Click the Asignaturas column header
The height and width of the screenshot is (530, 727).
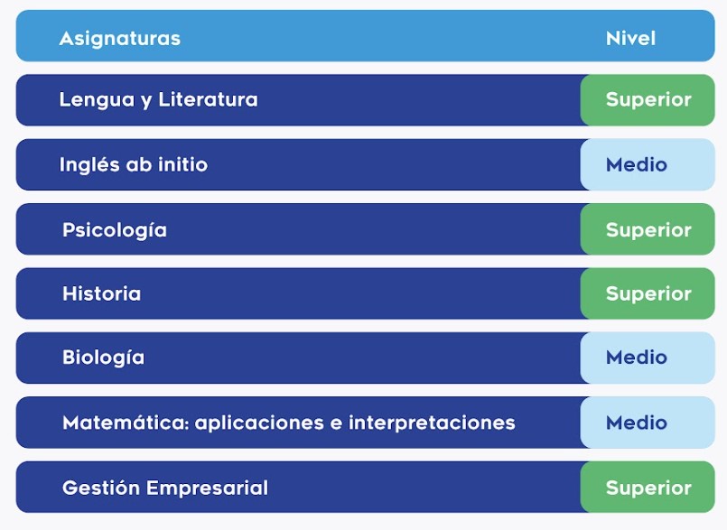tap(119, 39)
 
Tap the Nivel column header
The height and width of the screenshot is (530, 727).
tap(630, 39)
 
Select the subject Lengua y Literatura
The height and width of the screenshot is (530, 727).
tap(159, 100)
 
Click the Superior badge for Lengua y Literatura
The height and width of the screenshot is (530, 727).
tap(648, 100)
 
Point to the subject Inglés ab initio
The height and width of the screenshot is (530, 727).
tap(134, 164)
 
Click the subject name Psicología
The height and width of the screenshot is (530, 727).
tap(115, 230)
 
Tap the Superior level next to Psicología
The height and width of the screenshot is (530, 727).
tap(648, 230)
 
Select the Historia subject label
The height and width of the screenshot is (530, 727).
tap(101, 293)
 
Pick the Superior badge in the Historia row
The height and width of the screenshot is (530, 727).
tap(648, 294)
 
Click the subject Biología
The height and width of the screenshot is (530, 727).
tap(103, 358)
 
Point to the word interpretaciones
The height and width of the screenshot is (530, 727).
tap(432, 423)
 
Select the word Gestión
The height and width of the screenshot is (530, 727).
tap(101, 488)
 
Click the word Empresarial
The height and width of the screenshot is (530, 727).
tap(207, 488)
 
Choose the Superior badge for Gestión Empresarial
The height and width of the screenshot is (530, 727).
tap(648, 488)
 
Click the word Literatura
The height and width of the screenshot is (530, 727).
tap(209, 99)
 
